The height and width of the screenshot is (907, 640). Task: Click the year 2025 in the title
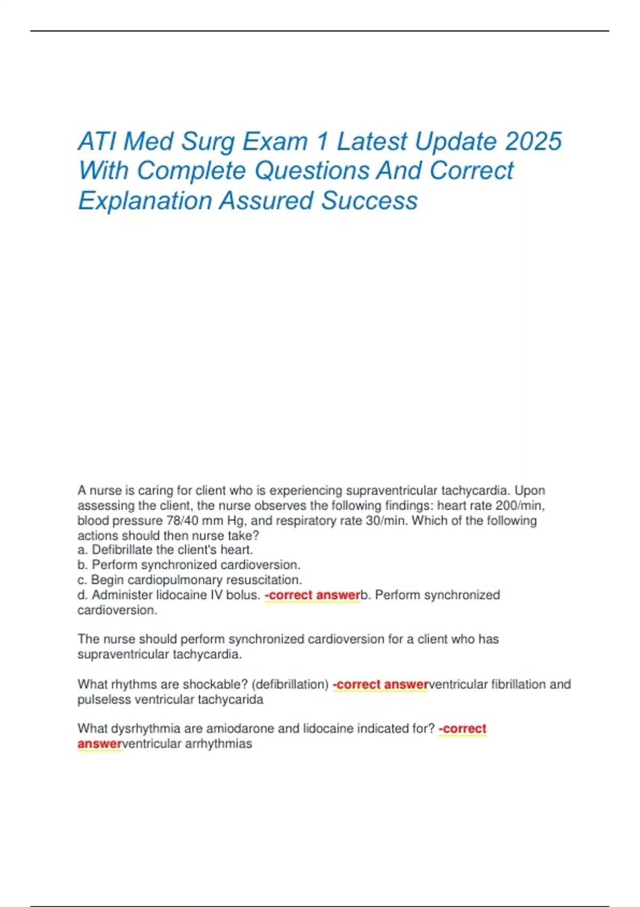533,141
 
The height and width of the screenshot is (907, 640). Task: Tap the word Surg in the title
208,141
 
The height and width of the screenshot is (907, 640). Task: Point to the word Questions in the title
311,171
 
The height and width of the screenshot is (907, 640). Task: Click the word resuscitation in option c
263,579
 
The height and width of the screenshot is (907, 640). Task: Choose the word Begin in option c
107,579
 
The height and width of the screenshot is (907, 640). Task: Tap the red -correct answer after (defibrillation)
381,684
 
